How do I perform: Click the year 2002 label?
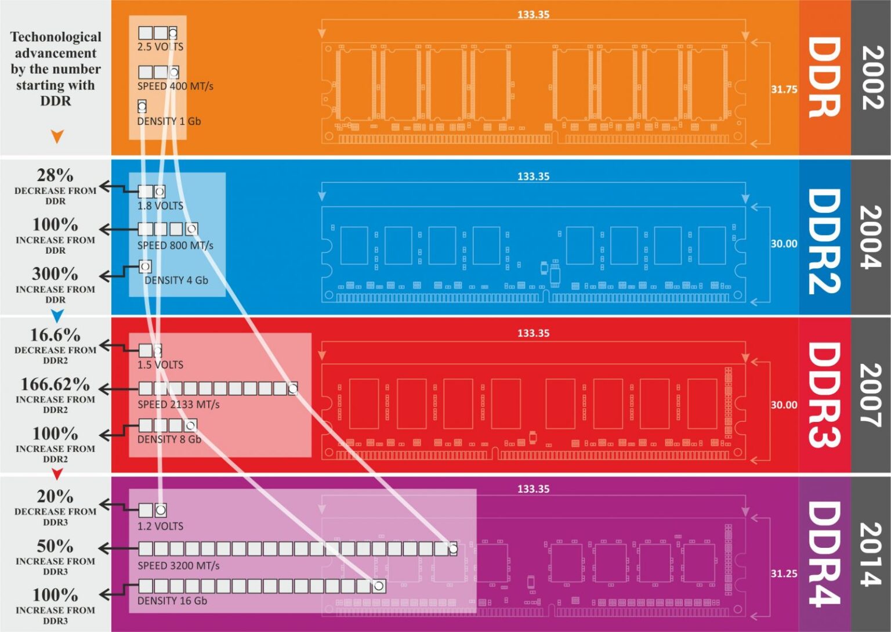pos(872,78)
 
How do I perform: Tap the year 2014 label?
pos(872,554)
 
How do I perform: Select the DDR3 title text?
pos(824,395)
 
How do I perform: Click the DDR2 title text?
pos(824,241)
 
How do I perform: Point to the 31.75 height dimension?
pos(784,89)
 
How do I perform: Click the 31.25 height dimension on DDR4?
pos(784,573)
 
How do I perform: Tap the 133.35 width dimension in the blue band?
pos(533,176)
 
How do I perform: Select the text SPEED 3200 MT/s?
pos(179,565)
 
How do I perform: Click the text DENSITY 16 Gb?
pos(172,601)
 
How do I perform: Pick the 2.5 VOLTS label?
pos(160,46)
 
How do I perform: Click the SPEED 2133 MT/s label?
pos(179,405)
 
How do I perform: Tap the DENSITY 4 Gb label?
pos(176,280)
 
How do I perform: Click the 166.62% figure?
pos(55,384)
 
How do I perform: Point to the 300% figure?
pos(55,273)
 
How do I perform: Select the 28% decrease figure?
pos(55,175)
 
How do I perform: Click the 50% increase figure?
pos(55,546)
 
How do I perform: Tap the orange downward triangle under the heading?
pos(57,136)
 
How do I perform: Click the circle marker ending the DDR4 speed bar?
pos(453,548)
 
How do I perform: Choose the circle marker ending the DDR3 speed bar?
pos(293,388)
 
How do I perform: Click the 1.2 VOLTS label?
pos(160,526)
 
